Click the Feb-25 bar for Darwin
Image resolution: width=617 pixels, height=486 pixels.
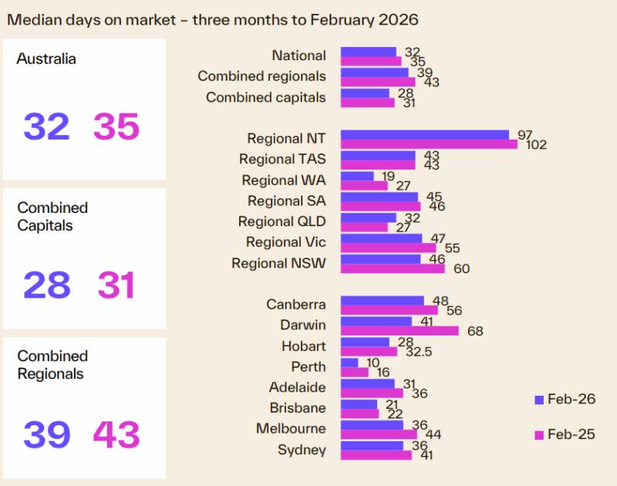tap(400, 331)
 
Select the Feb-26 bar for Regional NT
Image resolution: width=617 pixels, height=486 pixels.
tap(425, 134)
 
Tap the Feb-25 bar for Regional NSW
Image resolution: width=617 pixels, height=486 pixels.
tap(393, 269)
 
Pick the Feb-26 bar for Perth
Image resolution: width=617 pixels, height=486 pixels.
tap(349, 363)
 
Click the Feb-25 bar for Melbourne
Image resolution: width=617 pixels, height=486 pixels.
tap(379, 434)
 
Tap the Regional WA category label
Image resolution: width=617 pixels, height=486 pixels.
tap(284, 181)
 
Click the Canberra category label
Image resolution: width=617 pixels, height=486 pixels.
tap(296, 305)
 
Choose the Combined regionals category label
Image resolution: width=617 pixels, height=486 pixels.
tap(261, 76)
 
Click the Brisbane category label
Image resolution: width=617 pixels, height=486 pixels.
tap(298, 408)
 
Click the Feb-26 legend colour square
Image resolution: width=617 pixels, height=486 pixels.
tap(539, 400)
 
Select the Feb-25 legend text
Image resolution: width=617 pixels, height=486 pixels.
tap(571, 434)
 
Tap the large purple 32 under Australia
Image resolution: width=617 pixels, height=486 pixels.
tap(46, 127)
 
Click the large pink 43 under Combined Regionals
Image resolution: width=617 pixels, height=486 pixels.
tap(116, 435)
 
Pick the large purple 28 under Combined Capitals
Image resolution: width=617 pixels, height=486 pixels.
tap(46, 285)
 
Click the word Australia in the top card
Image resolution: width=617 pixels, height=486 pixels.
tap(46, 59)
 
